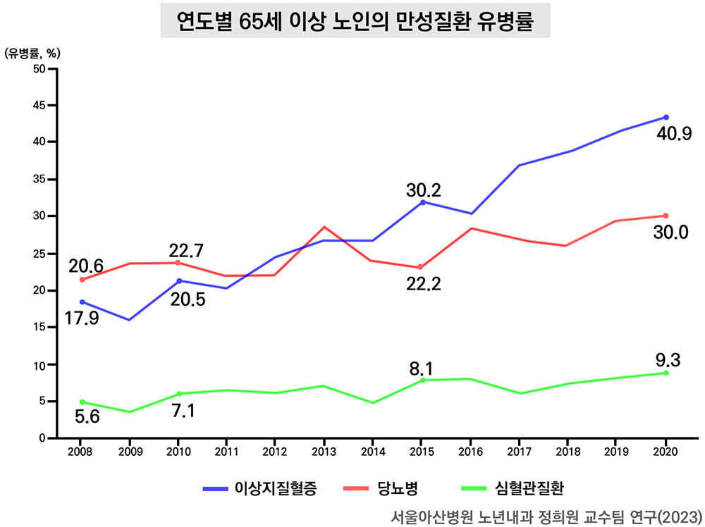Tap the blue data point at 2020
(x=666, y=117)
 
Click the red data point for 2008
(x=82, y=280)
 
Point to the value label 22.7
(x=185, y=250)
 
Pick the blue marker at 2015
(x=422, y=202)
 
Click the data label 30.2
(x=423, y=190)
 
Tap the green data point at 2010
(x=179, y=394)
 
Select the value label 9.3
(x=667, y=361)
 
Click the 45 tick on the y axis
(x=39, y=105)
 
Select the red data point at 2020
(x=666, y=216)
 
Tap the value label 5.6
(x=87, y=417)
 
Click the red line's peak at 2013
(x=325, y=227)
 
